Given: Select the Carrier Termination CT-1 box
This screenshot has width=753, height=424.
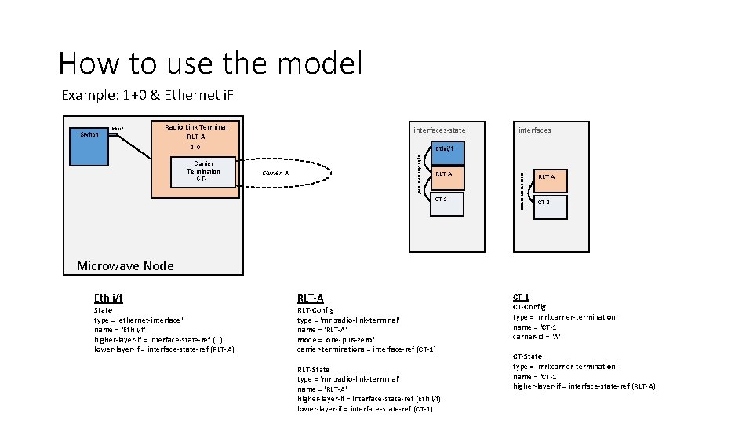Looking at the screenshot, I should [203, 171].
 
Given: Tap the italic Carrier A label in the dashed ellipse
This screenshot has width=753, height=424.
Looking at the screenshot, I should [275, 173].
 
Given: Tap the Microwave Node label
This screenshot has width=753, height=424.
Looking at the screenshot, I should [125, 265].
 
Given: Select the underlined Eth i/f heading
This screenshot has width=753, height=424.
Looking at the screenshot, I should [108, 298].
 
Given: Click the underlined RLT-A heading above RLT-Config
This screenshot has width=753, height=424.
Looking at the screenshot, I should [310, 298].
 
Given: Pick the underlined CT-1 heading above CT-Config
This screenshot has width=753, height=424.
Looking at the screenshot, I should [521, 297].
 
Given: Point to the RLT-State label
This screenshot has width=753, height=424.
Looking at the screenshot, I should [314, 369].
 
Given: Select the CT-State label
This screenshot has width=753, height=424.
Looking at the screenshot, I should [527, 356].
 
